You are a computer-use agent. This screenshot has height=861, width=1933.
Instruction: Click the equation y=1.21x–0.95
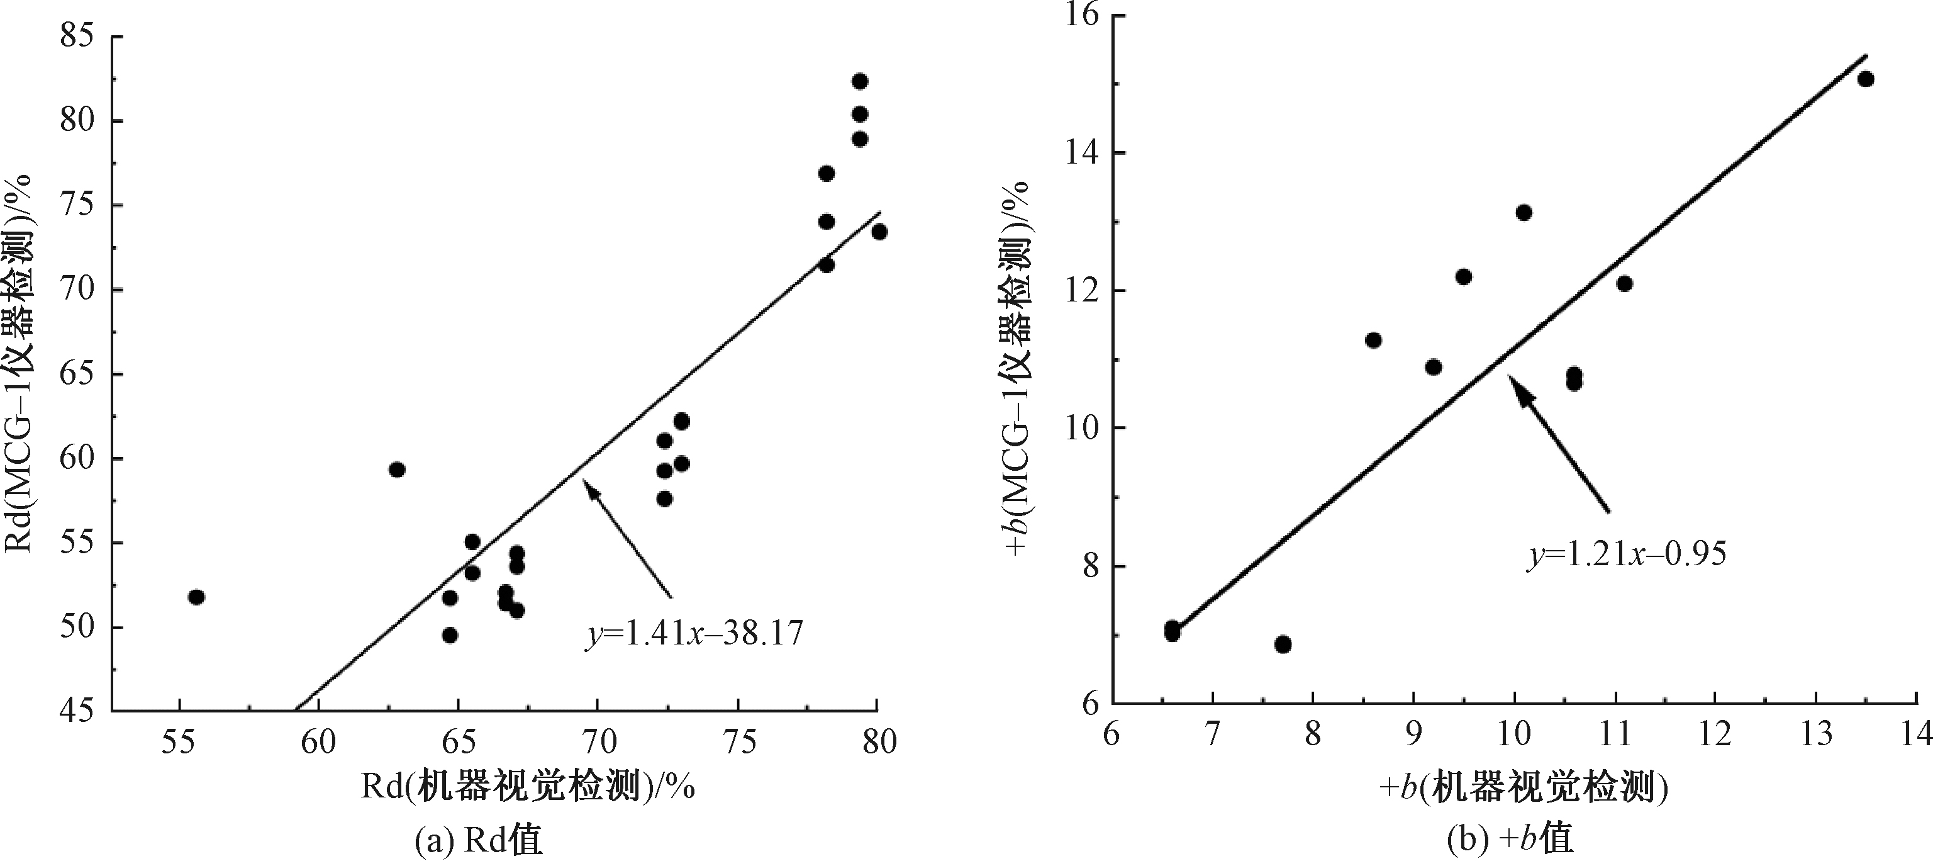(x=1627, y=554)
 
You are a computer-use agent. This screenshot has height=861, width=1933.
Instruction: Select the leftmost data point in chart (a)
(x=197, y=597)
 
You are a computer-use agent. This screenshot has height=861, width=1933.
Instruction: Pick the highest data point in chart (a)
(x=860, y=81)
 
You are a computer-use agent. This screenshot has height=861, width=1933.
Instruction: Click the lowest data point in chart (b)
(x=1283, y=644)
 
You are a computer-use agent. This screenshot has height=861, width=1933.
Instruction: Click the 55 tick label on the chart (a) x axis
(x=179, y=741)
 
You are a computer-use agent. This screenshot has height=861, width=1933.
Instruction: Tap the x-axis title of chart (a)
(x=528, y=788)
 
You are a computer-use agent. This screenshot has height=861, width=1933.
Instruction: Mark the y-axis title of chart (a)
(x=18, y=363)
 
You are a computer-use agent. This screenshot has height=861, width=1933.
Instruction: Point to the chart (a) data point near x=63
(x=397, y=469)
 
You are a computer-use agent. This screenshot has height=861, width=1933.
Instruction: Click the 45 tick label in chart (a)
(x=81, y=710)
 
